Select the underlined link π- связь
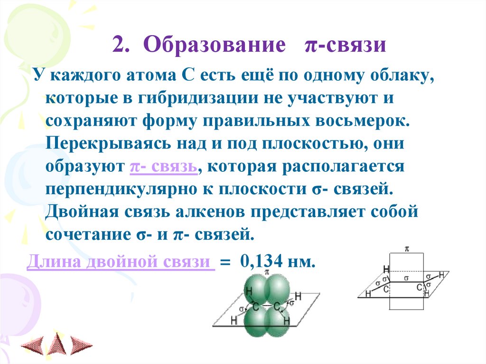pos(162,166)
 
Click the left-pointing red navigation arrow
pos(34,344)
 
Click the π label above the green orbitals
pos(267,272)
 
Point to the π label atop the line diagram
pos(407,248)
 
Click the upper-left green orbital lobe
pos(255,288)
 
